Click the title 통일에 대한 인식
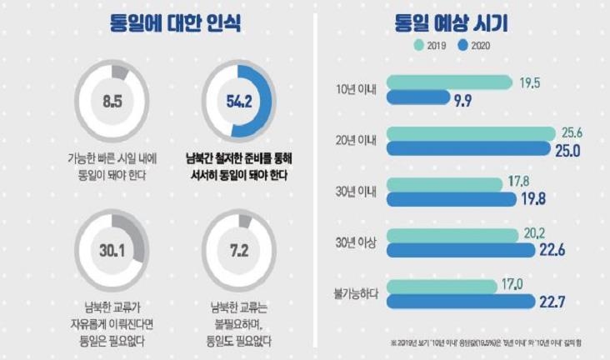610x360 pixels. (176, 22)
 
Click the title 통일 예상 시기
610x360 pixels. (457, 22)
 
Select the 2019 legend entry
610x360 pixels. (432, 46)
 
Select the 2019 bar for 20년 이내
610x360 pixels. (472, 133)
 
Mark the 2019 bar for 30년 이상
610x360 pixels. (455, 235)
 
